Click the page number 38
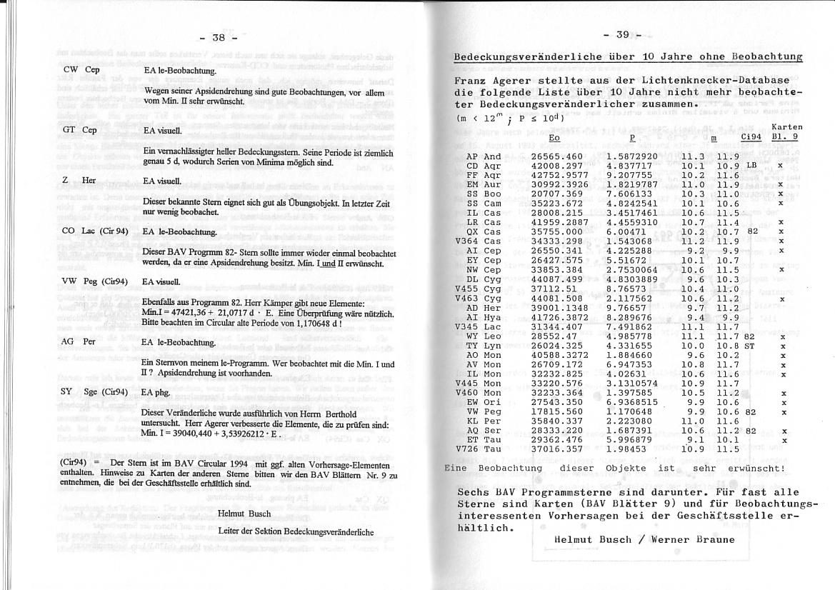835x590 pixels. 219,36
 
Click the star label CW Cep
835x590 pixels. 81,70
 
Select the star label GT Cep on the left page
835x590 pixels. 79,130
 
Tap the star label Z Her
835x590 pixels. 79,180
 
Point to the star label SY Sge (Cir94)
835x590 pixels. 94,391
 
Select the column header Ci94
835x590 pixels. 751,136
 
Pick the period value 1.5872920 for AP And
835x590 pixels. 631,156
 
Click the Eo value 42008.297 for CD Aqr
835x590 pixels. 559,166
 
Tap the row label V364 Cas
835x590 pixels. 479,241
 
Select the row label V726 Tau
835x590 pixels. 479,449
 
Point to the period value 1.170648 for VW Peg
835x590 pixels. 629,412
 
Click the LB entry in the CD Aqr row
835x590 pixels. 751,166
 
